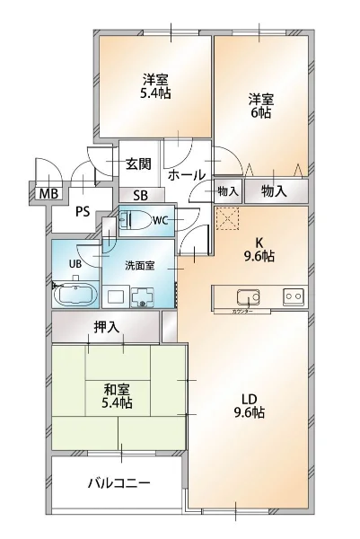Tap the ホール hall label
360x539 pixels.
click(x=187, y=175)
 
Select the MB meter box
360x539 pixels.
click(x=44, y=191)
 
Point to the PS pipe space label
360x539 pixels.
click(x=82, y=213)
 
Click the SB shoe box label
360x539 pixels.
click(x=141, y=195)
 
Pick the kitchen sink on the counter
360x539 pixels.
click(x=246, y=296)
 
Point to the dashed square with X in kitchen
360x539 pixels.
click(x=227, y=218)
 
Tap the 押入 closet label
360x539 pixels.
click(x=106, y=327)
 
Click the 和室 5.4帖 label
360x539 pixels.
click(x=118, y=396)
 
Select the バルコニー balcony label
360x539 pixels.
click(x=118, y=482)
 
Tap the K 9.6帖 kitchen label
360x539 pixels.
click(x=260, y=248)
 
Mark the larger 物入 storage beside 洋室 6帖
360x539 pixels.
click(x=274, y=190)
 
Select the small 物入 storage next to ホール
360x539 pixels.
click(x=227, y=190)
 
